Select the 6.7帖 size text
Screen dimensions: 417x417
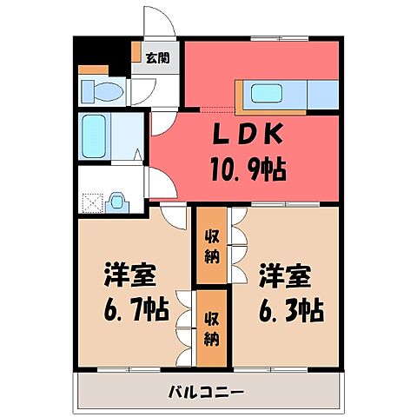133,308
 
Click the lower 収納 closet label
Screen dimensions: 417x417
211,328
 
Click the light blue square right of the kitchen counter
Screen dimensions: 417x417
323,93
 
